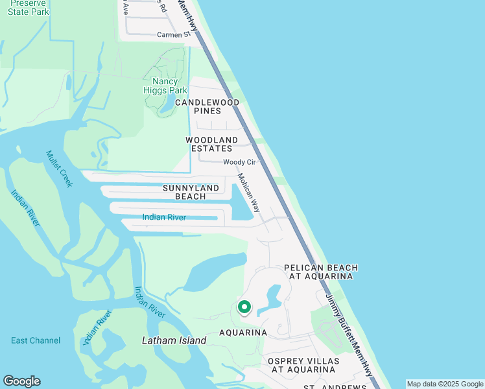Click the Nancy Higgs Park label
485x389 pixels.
(x=161, y=86)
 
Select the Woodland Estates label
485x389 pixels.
(x=211, y=144)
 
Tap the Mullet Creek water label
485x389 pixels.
(x=58, y=169)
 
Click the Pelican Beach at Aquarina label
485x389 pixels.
(x=321, y=272)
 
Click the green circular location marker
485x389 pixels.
(x=244, y=307)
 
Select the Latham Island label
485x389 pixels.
(x=174, y=340)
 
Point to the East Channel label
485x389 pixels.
(x=36, y=340)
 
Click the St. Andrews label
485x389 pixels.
(x=337, y=387)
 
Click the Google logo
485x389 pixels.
(x=21, y=381)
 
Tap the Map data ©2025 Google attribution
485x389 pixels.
(x=445, y=384)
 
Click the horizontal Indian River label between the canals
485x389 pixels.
(x=164, y=217)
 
